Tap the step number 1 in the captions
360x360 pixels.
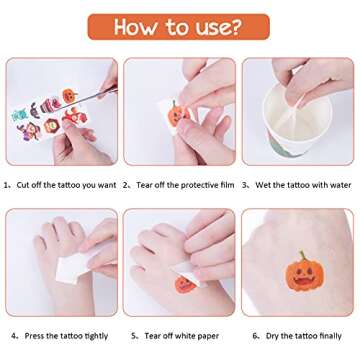7,184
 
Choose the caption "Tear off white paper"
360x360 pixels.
182,335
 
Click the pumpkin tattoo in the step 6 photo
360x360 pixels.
301,274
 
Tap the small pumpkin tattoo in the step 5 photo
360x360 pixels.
184,284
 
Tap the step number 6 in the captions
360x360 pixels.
255,335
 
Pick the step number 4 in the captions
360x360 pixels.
14,335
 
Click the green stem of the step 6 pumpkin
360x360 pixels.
301,256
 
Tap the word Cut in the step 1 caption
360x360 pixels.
24,184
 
